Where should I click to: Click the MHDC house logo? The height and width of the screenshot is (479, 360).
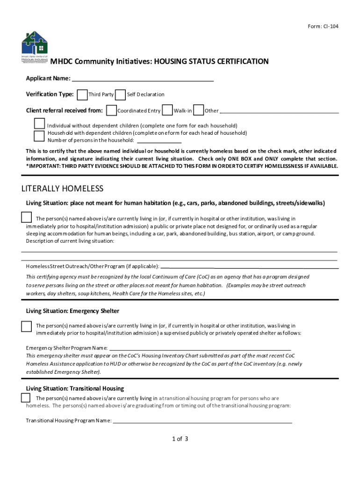click(x=35, y=45)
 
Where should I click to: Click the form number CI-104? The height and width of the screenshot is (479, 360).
click(x=323, y=26)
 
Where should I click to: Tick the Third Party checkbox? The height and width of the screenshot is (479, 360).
click(x=82, y=94)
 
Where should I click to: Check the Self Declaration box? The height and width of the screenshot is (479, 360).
click(x=120, y=94)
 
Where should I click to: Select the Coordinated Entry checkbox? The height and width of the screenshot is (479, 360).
click(x=111, y=110)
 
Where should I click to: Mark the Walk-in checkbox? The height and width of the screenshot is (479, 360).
click(x=167, y=110)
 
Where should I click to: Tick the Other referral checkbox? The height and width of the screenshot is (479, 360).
click(x=198, y=110)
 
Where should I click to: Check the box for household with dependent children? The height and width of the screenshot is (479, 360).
click(x=39, y=136)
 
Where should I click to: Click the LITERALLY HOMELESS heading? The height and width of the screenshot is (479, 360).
click(x=63, y=189)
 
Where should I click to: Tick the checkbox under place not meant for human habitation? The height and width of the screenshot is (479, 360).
click(x=27, y=218)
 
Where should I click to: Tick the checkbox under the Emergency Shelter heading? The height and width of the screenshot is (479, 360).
click(x=27, y=326)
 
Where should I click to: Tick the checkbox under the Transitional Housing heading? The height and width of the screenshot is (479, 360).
click(x=26, y=398)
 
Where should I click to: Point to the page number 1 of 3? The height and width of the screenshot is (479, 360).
click(x=180, y=439)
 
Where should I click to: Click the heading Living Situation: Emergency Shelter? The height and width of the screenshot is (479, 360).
click(x=72, y=311)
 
